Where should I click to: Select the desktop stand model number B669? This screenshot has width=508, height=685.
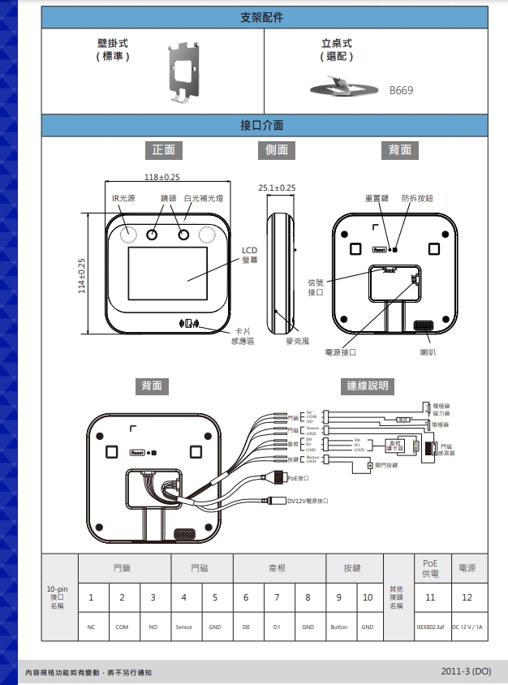(401, 90)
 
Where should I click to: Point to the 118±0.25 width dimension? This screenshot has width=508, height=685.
(161, 177)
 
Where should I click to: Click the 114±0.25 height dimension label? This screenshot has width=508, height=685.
(81, 276)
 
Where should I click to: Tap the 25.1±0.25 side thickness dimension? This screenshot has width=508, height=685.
(277, 187)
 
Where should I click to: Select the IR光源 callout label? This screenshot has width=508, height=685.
(124, 198)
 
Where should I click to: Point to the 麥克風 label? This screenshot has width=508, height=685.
(298, 342)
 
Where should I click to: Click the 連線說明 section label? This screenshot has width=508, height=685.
(368, 386)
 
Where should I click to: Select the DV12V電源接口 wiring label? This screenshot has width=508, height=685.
(308, 501)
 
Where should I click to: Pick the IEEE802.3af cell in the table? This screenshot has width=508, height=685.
(430, 627)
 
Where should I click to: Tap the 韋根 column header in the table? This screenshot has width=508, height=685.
(277, 569)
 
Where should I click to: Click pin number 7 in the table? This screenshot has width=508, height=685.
(277, 598)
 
